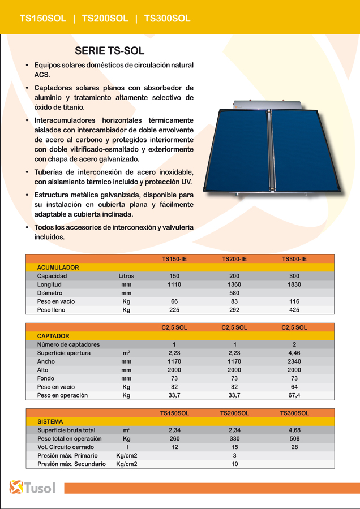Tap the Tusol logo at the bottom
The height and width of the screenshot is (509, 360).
(x=32, y=488)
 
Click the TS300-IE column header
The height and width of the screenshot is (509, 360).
(x=294, y=259)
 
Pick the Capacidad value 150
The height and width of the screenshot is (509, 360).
(x=174, y=276)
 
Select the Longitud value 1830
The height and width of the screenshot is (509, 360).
(x=294, y=284)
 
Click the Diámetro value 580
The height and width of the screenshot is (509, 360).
(x=234, y=293)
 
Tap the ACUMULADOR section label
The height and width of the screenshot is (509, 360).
(x=58, y=268)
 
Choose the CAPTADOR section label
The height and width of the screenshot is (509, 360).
(x=53, y=336)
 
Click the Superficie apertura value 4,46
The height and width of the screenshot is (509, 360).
(x=294, y=353)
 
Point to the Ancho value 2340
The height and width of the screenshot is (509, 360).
(x=294, y=361)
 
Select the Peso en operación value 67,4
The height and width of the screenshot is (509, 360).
(x=294, y=395)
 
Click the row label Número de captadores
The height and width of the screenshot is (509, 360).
(x=68, y=344)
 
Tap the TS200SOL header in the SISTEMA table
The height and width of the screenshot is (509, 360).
(x=234, y=413)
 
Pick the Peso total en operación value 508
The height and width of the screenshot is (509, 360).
(x=294, y=439)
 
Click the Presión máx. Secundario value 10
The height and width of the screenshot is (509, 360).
(x=234, y=464)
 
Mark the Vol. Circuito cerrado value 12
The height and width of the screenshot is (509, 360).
(x=174, y=447)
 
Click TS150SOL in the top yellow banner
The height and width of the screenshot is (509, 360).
(x=43, y=19)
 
